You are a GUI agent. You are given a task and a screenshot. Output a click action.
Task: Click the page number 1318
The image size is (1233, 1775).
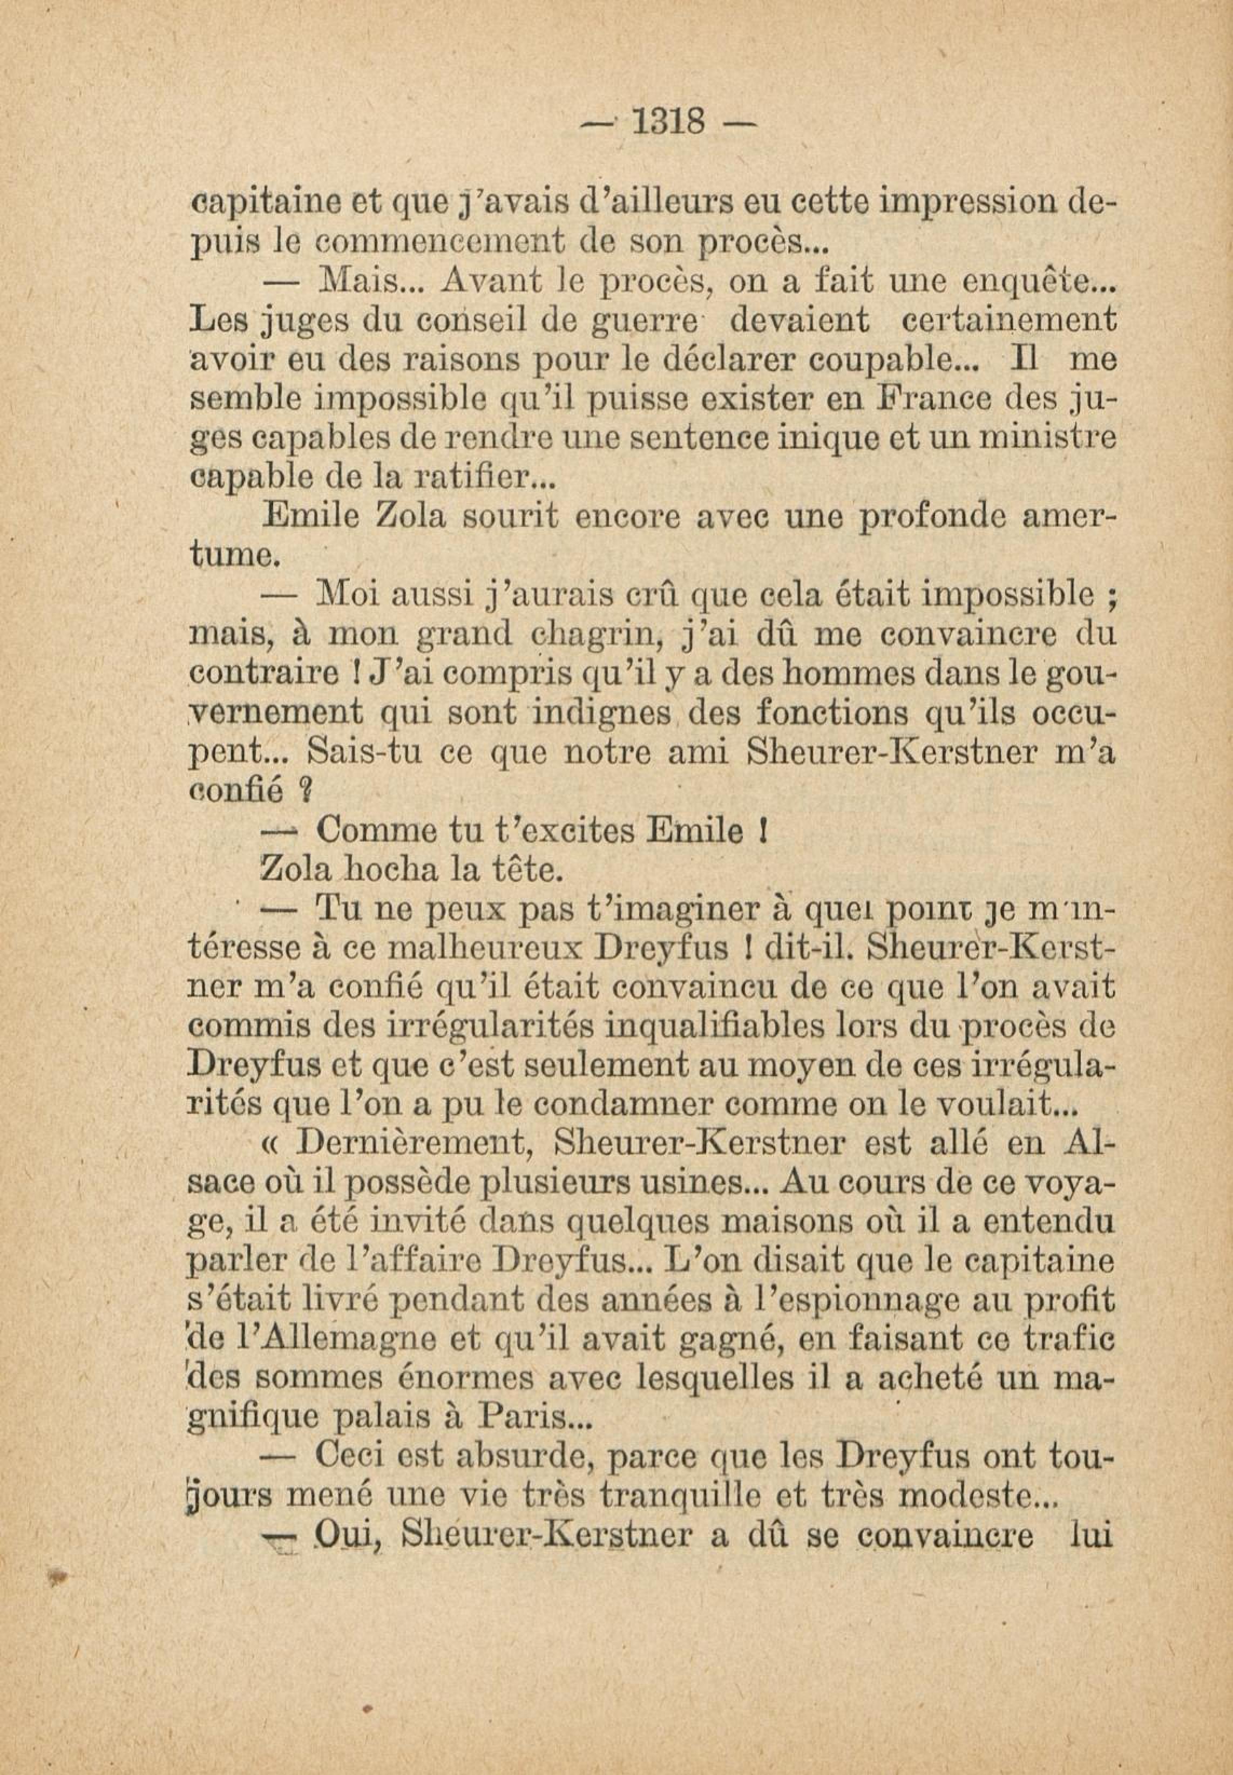click(x=669, y=121)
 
